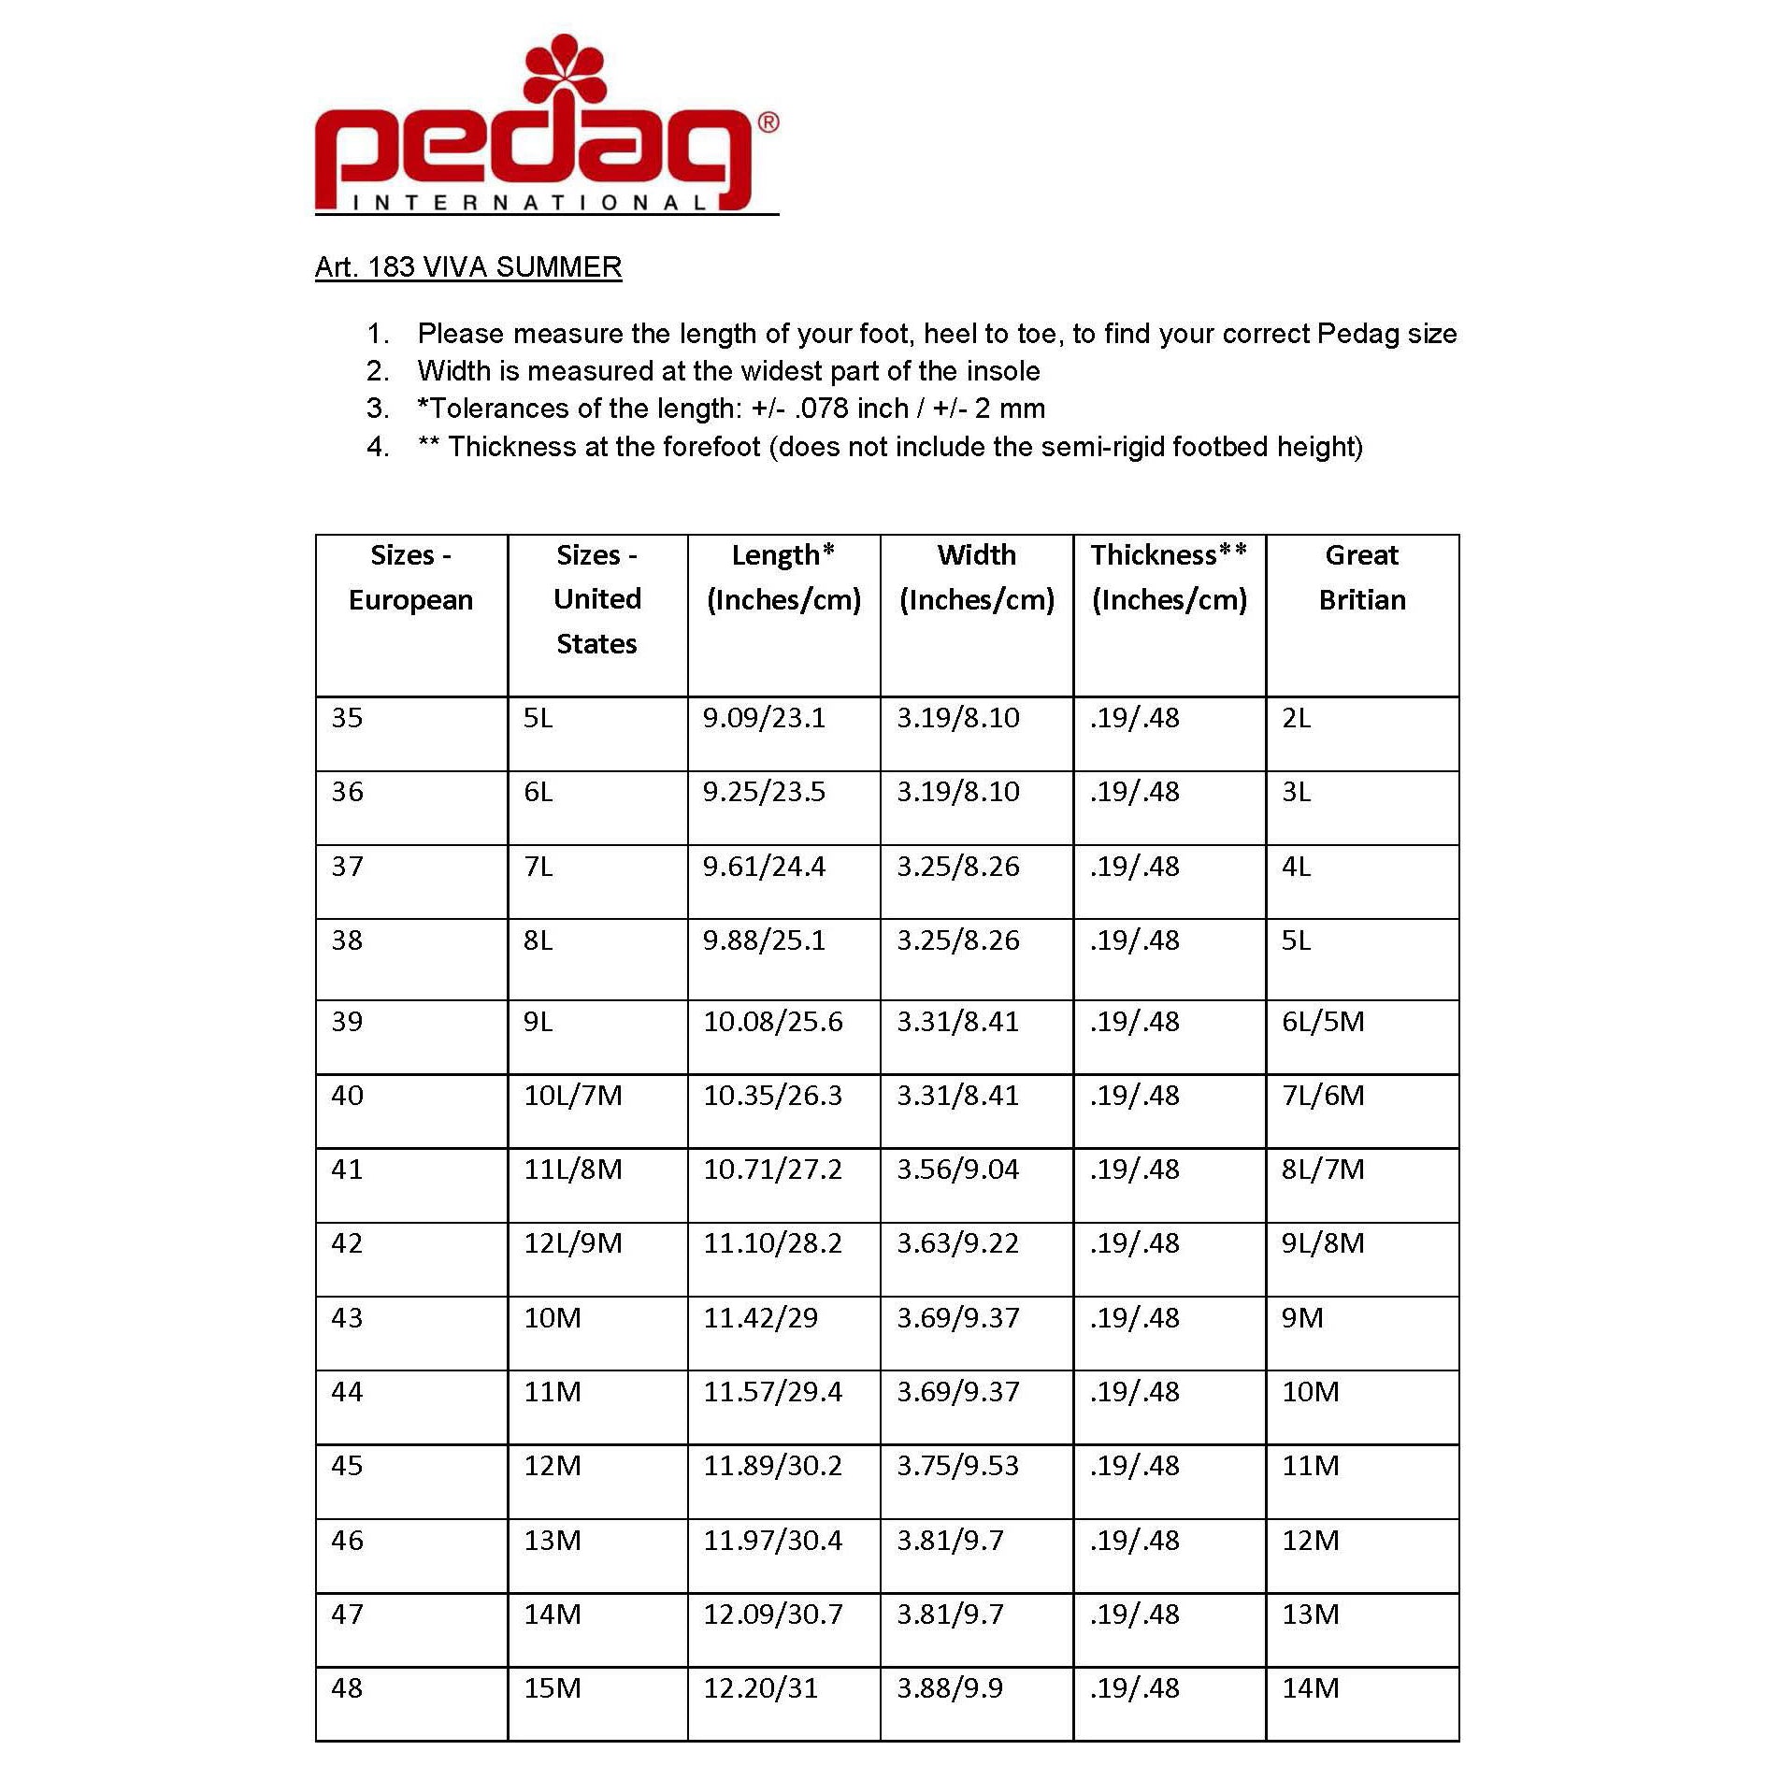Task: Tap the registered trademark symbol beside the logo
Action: coord(768,122)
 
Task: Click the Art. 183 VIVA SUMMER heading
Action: coord(468,267)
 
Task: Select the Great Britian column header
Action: coord(1361,577)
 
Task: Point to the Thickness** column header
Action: coord(1169,577)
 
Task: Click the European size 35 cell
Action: coord(347,718)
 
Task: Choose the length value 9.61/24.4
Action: coord(764,867)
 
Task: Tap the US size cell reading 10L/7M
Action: coord(572,1095)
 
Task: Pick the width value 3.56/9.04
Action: coord(957,1169)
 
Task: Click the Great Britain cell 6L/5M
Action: coord(1323,1021)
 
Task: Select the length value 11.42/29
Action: coord(760,1317)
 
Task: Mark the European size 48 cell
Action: coord(347,1687)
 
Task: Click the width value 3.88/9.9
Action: coord(950,1687)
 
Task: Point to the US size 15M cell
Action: coord(552,1687)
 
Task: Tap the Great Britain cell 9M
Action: coord(1302,1317)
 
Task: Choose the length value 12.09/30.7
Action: coord(772,1614)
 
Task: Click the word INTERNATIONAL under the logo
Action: coord(529,203)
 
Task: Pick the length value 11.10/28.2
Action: coord(772,1243)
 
